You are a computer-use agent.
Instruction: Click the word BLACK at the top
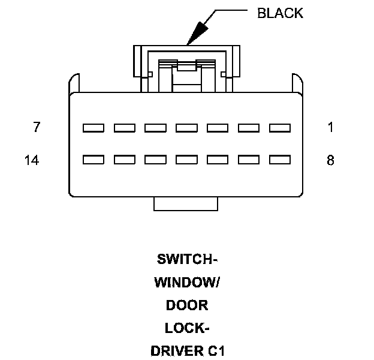click(280, 13)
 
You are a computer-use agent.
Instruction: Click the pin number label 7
click(37, 127)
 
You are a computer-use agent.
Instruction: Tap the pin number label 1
click(331, 127)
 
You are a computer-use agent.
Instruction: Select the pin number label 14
click(32, 160)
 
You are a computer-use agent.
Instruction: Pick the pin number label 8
click(330, 160)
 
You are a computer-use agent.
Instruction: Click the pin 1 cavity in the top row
click(280, 128)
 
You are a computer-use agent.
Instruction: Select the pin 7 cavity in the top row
click(93, 128)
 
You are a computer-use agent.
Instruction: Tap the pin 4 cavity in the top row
click(186, 128)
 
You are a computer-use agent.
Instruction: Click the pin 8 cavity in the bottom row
click(280, 160)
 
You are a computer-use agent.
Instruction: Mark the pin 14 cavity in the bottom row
click(93, 160)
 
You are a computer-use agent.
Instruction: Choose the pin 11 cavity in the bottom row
click(186, 160)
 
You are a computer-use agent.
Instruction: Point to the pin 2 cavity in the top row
click(249, 128)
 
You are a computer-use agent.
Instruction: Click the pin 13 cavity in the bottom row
click(125, 160)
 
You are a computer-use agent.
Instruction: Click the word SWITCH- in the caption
click(187, 259)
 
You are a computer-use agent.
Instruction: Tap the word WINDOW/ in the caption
click(187, 283)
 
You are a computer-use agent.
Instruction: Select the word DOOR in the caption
click(187, 305)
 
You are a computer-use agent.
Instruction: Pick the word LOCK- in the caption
click(187, 328)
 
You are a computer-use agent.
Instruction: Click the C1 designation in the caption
click(216, 351)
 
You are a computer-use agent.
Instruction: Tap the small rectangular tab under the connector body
click(186, 204)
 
